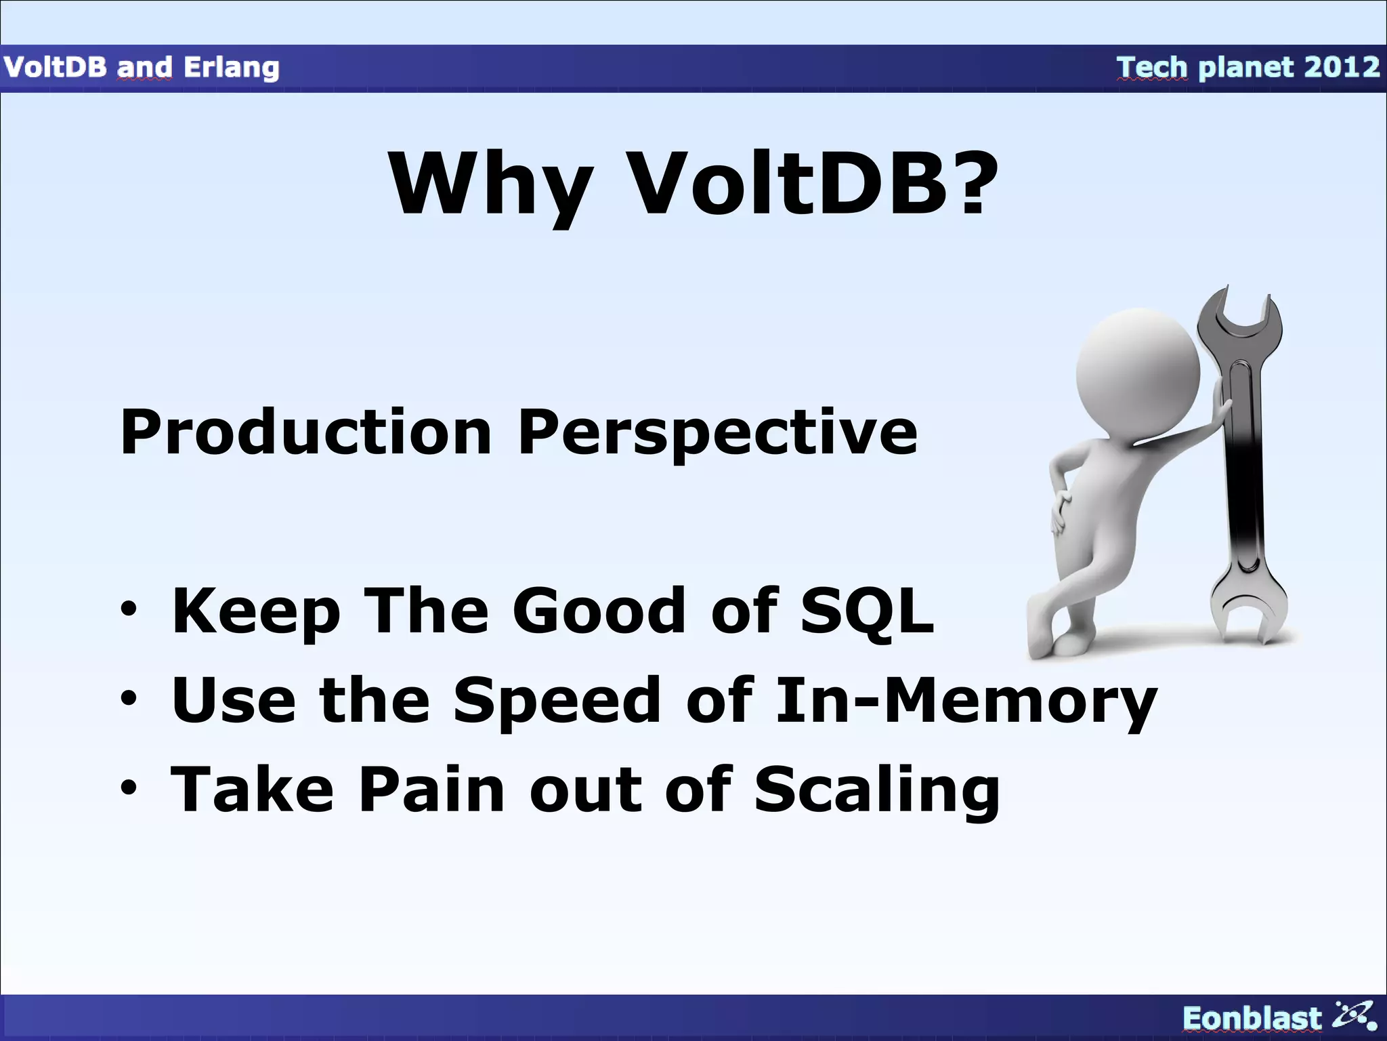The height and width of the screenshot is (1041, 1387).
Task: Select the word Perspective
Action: [x=717, y=434]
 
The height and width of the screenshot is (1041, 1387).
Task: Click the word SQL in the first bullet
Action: [x=866, y=611]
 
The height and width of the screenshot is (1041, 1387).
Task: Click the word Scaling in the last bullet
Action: [x=876, y=790]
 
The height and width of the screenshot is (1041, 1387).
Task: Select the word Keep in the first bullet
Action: [x=255, y=612]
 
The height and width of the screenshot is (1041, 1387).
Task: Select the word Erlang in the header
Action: [x=231, y=67]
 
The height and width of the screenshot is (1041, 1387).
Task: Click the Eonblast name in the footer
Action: [x=1252, y=1018]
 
